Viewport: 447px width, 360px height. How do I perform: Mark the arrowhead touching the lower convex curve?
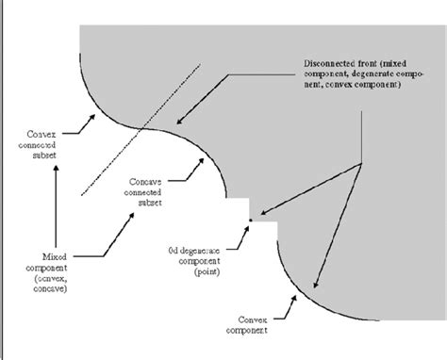point(314,286)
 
